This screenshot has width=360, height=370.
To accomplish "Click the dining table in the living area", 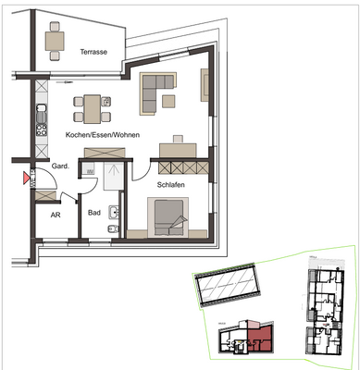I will pyautogui.click(x=92, y=109).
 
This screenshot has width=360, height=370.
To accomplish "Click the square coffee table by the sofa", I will pyautogui.click(x=168, y=99).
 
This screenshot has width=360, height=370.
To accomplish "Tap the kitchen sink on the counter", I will pyautogui.click(x=41, y=113).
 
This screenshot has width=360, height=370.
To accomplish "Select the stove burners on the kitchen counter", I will pyautogui.click(x=41, y=130).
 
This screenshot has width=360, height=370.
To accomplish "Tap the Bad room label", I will pyautogui.click(x=93, y=212).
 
